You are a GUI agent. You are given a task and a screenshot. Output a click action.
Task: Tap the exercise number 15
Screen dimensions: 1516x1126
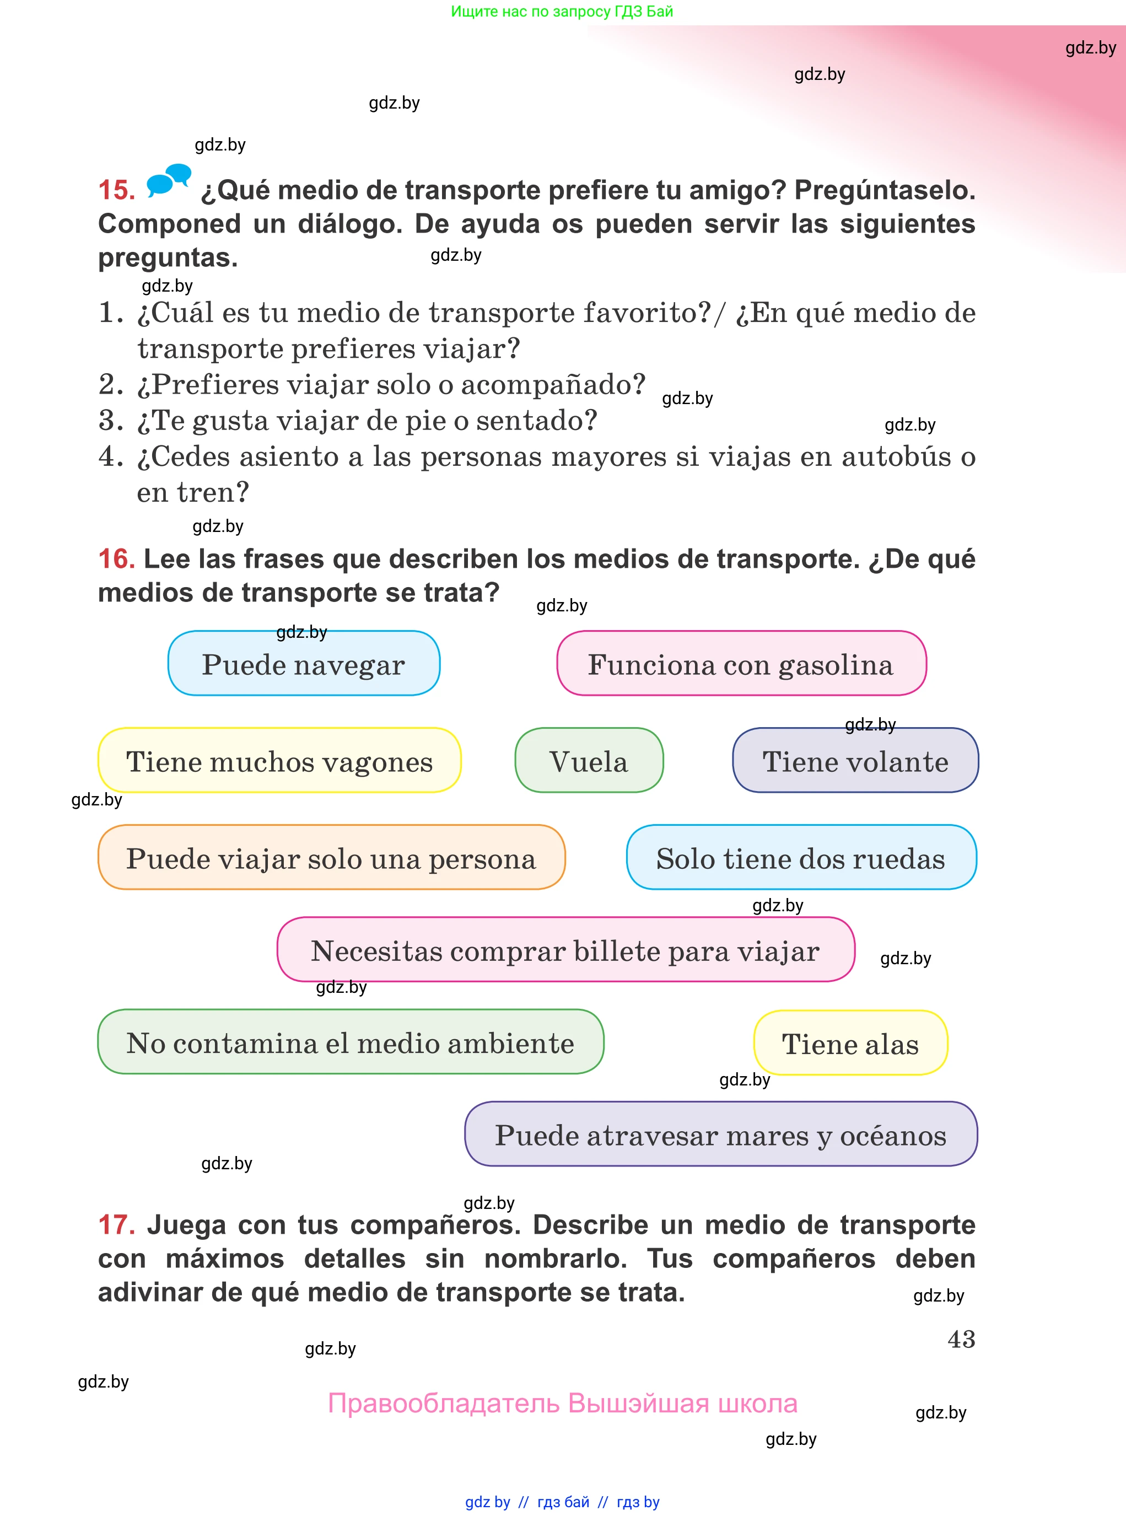pyautogui.click(x=116, y=190)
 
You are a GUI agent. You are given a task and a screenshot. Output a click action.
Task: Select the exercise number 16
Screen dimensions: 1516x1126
pyautogui.click(x=116, y=559)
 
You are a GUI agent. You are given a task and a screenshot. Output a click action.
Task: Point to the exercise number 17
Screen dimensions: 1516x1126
pyautogui.click(x=116, y=1225)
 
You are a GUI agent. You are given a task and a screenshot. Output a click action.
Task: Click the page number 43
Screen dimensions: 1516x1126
pyautogui.click(x=961, y=1340)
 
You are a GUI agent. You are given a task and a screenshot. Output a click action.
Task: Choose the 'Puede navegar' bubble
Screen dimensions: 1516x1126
pyautogui.click(x=304, y=663)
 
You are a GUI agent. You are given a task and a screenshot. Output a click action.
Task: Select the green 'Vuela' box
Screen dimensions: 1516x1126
pyautogui.click(x=589, y=760)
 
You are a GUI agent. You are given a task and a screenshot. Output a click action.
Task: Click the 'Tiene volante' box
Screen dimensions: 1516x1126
pyautogui.click(x=855, y=760)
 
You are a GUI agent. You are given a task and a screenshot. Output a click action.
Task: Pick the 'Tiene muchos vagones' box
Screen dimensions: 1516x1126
pyautogui.click(x=279, y=760)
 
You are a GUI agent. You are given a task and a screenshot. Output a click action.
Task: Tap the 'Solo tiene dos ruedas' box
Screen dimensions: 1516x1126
pyautogui.click(x=801, y=858)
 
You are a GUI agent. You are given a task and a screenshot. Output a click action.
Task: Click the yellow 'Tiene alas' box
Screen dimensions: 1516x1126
pyautogui.click(x=850, y=1043)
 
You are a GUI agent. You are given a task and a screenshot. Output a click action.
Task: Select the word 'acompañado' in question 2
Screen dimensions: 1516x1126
pyautogui.click(x=553, y=384)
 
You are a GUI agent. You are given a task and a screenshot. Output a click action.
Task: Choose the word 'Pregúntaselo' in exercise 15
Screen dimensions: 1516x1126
pyautogui.click(x=885, y=190)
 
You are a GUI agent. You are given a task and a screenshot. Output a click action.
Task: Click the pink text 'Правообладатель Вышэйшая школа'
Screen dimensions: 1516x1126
pyautogui.click(x=562, y=1404)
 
